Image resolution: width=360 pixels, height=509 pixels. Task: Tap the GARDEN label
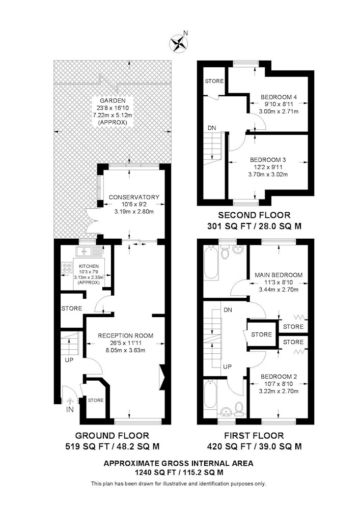click(x=113, y=101)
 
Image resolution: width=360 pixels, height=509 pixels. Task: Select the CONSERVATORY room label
click(x=134, y=197)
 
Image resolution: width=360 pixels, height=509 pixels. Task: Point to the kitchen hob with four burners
click(x=67, y=267)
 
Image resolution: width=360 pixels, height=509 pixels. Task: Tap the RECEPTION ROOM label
click(x=126, y=335)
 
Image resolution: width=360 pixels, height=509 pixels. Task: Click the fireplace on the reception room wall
click(x=162, y=377)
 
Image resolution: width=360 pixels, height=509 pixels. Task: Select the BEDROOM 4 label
click(x=279, y=97)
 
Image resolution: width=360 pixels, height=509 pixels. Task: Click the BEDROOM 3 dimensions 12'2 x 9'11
click(x=268, y=167)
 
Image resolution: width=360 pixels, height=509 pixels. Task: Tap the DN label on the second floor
click(x=212, y=128)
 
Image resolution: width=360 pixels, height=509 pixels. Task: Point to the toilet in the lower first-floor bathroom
click(x=239, y=409)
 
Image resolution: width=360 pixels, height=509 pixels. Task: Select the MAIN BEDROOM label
click(x=279, y=275)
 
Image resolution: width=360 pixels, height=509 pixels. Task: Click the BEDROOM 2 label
click(x=279, y=377)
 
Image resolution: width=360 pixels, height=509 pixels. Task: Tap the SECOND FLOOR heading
click(x=254, y=215)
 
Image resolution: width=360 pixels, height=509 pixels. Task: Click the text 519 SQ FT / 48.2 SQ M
click(x=113, y=447)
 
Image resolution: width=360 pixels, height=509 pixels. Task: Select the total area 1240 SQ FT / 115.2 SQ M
click(x=179, y=473)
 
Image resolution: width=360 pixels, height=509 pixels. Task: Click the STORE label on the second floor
click(x=214, y=81)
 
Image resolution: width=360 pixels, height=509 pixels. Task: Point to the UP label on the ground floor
click(x=69, y=360)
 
